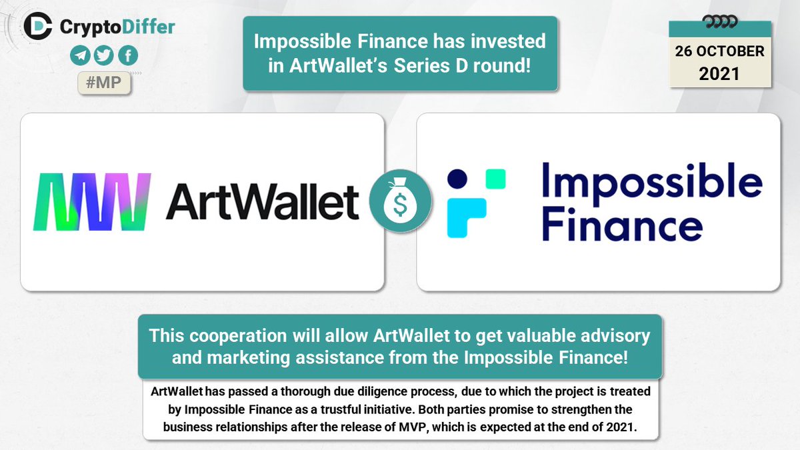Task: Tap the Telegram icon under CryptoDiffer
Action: coord(79,56)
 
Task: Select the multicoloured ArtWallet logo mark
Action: coord(93,201)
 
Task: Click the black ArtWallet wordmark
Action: coord(263,201)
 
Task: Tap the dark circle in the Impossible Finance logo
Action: coord(457,179)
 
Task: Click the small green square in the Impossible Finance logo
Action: coord(495,179)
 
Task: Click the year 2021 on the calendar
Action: coord(719,73)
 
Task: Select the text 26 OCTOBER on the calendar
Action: coord(719,51)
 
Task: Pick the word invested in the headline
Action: coord(506,41)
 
